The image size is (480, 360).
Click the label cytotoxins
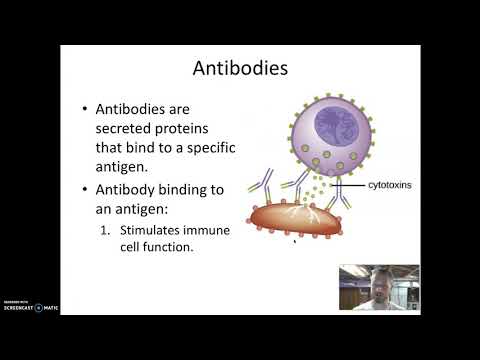pyautogui.click(x=390, y=185)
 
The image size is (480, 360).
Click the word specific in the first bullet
pyautogui.click(x=239, y=148)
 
